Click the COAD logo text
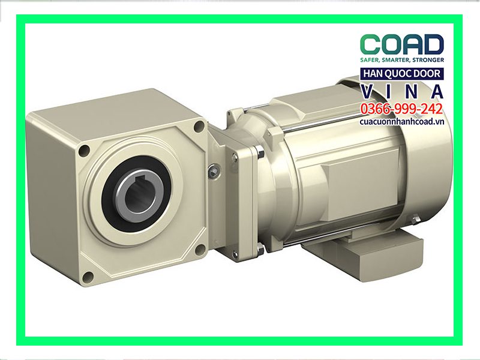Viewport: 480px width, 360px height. [x=401, y=45]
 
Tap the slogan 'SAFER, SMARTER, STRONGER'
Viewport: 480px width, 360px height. [x=401, y=61]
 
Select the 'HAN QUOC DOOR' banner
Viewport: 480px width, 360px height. [x=401, y=74]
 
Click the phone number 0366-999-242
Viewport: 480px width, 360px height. [x=401, y=109]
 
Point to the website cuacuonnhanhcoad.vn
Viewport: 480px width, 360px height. [x=401, y=121]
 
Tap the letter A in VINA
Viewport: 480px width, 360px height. [x=438, y=91]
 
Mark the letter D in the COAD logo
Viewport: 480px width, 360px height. [x=433, y=45]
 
